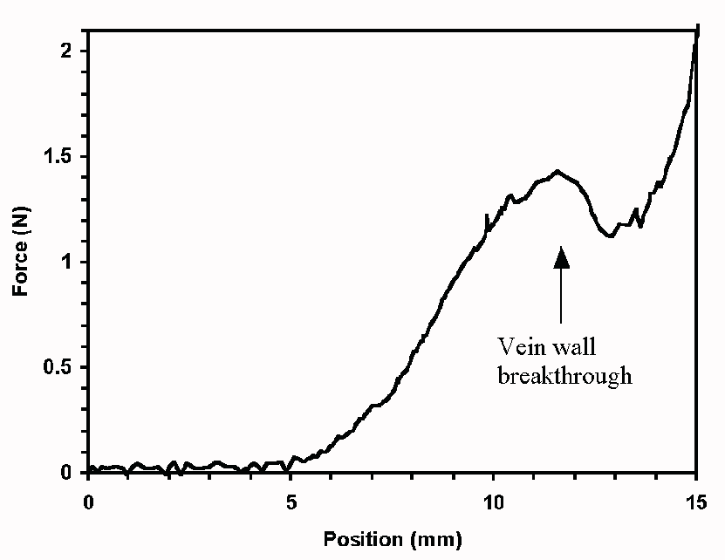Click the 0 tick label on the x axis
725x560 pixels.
click(x=88, y=503)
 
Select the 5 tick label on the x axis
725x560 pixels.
click(x=291, y=503)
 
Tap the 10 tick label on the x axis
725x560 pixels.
click(x=494, y=503)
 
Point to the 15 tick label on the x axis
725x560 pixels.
click(x=695, y=503)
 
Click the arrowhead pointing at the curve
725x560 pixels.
click(x=561, y=256)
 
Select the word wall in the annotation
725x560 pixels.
click(x=570, y=346)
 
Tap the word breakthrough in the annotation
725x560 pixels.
click(x=564, y=376)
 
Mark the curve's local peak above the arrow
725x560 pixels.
click(x=557, y=171)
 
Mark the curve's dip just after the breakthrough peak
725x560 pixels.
click(x=611, y=236)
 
